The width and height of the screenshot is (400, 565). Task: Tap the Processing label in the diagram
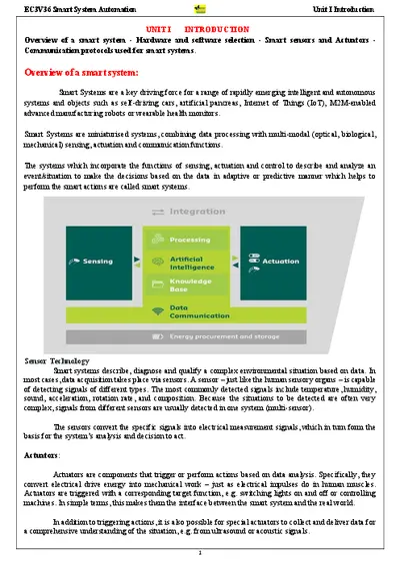tap(190, 240)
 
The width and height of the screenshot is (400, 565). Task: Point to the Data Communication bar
tap(199, 312)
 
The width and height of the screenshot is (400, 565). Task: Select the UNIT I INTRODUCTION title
tap(200, 31)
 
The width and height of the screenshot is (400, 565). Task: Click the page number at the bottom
tap(200, 549)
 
